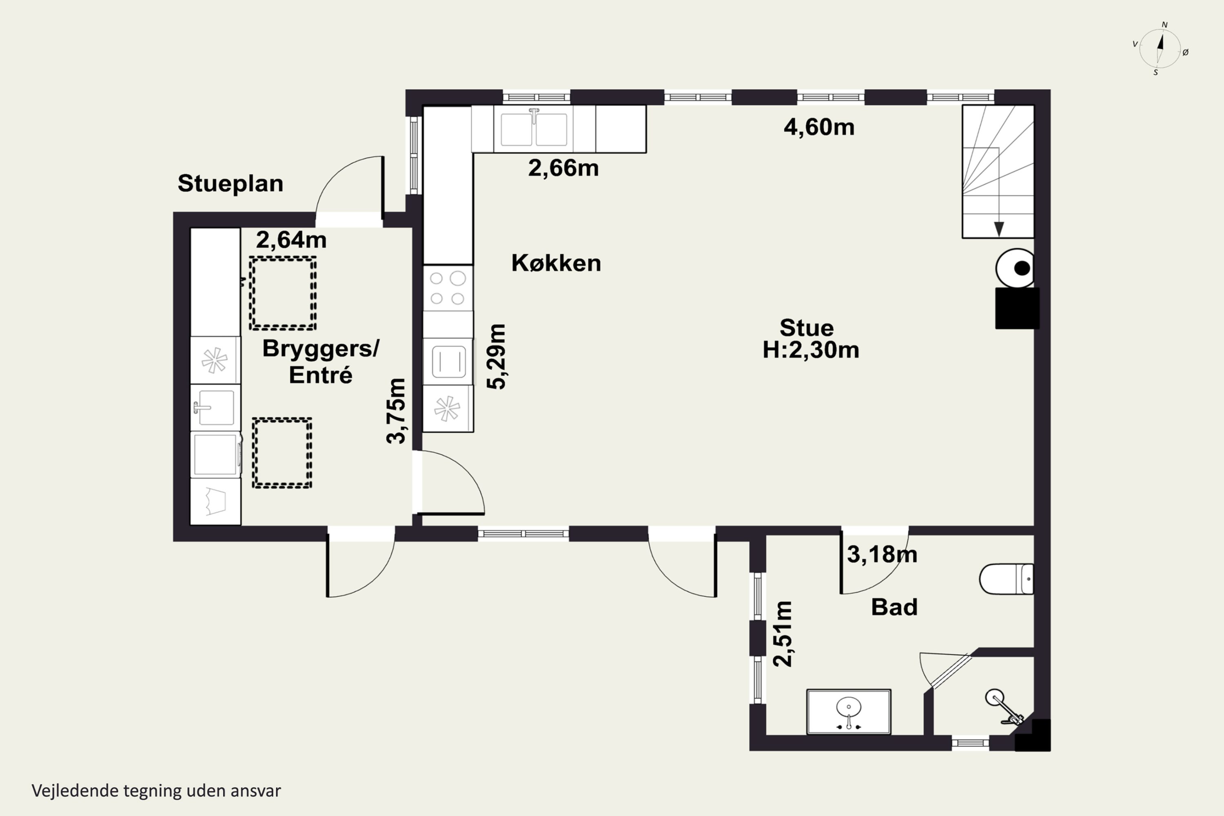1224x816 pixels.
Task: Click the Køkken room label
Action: (x=556, y=263)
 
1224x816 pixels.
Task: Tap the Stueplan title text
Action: (x=231, y=183)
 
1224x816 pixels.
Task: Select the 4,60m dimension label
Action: (x=819, y=127)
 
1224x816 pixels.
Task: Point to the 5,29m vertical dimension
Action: (x=497, y=357)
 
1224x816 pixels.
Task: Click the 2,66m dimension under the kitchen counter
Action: (x=563, y=168)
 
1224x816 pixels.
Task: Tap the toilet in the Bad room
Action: (x=1007, y=578)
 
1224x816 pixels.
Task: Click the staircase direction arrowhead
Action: (x=999, y=229)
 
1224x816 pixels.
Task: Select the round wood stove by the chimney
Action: (x=1015, y=268)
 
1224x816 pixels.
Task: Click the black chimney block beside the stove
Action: (x=1018, y=308)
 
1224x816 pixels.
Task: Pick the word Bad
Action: (x=894, y=607)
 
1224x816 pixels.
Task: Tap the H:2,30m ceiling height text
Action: (x=811, y=350)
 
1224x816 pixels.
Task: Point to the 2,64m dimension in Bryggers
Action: (x=291, y=240)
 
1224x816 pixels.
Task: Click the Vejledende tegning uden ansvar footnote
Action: (x=156, y=791)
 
